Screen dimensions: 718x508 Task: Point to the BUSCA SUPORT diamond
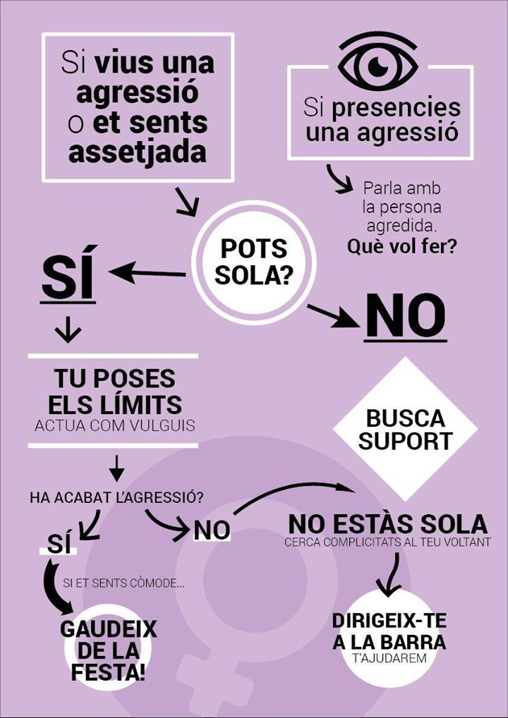click(405, 429)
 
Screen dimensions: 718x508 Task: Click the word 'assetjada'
click(138, 152)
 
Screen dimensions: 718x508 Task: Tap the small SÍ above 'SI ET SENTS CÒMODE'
click(59, 544)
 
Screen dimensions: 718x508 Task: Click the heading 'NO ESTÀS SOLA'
click(387, 524)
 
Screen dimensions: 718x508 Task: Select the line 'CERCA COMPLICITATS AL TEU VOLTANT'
click(387, 543)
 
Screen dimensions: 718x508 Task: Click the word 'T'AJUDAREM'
click(389, 659)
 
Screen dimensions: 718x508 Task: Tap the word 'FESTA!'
click(109, 670)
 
